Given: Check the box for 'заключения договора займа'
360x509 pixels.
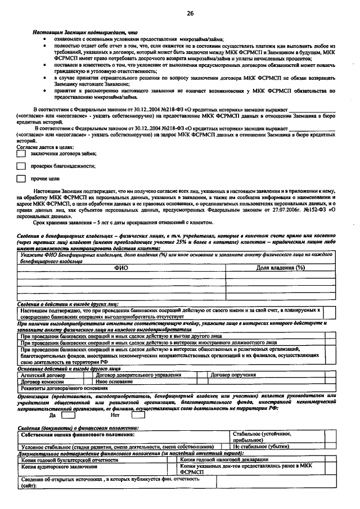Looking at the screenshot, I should pos(21,154).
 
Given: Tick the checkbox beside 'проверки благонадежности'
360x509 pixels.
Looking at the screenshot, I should pos(21,166).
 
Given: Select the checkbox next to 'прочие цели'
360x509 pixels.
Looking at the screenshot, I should pos(21,179).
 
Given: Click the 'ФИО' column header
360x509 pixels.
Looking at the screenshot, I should pos(121,268).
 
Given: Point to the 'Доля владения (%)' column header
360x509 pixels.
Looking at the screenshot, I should pos(280,268).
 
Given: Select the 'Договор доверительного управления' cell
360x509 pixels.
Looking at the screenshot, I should pos(138,375).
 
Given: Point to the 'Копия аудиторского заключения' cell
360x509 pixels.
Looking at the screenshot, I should pos(54,467).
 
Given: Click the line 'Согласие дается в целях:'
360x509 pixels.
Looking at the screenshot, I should pos(44,146).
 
